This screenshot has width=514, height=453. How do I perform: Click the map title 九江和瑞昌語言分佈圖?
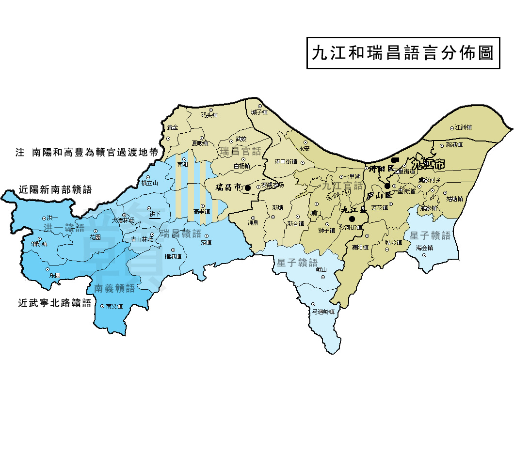[x=403, y=53]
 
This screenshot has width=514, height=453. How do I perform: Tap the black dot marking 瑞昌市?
[x=248, y=187]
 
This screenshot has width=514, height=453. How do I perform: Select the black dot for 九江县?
[x=352, y=219]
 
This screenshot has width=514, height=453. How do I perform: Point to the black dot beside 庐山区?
[x=387, y=186]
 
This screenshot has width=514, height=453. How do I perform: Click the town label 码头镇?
[x=209, y=115]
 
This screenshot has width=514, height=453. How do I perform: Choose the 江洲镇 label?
[x=463, y=127]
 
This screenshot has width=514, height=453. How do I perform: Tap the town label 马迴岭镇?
[x=323, y=312]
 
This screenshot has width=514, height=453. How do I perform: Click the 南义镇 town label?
[x=114, y=306]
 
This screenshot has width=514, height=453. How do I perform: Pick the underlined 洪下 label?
[x=155, y=214]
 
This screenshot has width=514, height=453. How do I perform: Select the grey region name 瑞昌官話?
[x=241, y=152]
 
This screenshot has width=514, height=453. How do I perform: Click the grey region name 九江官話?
[x=342, y=185]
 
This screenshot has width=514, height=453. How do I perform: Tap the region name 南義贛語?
[x=114, y=288]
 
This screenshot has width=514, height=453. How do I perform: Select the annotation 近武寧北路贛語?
[x=55, y=304]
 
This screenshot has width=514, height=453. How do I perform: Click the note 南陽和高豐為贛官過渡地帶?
[x=87, y=152]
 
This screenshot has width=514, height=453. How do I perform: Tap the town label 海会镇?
[x=424, y=248]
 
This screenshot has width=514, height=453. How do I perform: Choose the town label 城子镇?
[x=259, y=112]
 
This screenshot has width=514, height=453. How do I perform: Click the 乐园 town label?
[x=55, y=275]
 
